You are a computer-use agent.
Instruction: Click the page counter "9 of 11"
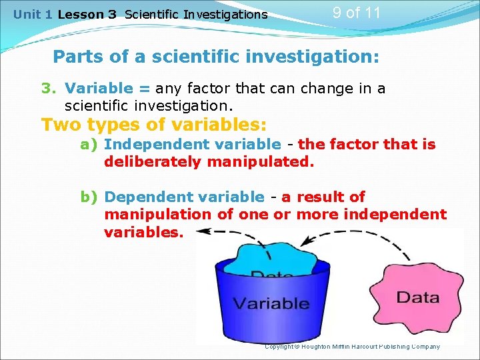click(x=357, y=12)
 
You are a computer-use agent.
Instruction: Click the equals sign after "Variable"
click(x=143, y=89)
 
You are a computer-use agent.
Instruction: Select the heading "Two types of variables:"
click(x=154, y=125)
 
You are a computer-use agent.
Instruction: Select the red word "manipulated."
click(x=259, y=162)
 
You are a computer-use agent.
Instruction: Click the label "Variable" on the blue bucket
click(x=271, y=303)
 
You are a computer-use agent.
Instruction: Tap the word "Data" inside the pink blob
click(x=417, y=297)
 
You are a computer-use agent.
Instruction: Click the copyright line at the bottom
click(x=352, y=346)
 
